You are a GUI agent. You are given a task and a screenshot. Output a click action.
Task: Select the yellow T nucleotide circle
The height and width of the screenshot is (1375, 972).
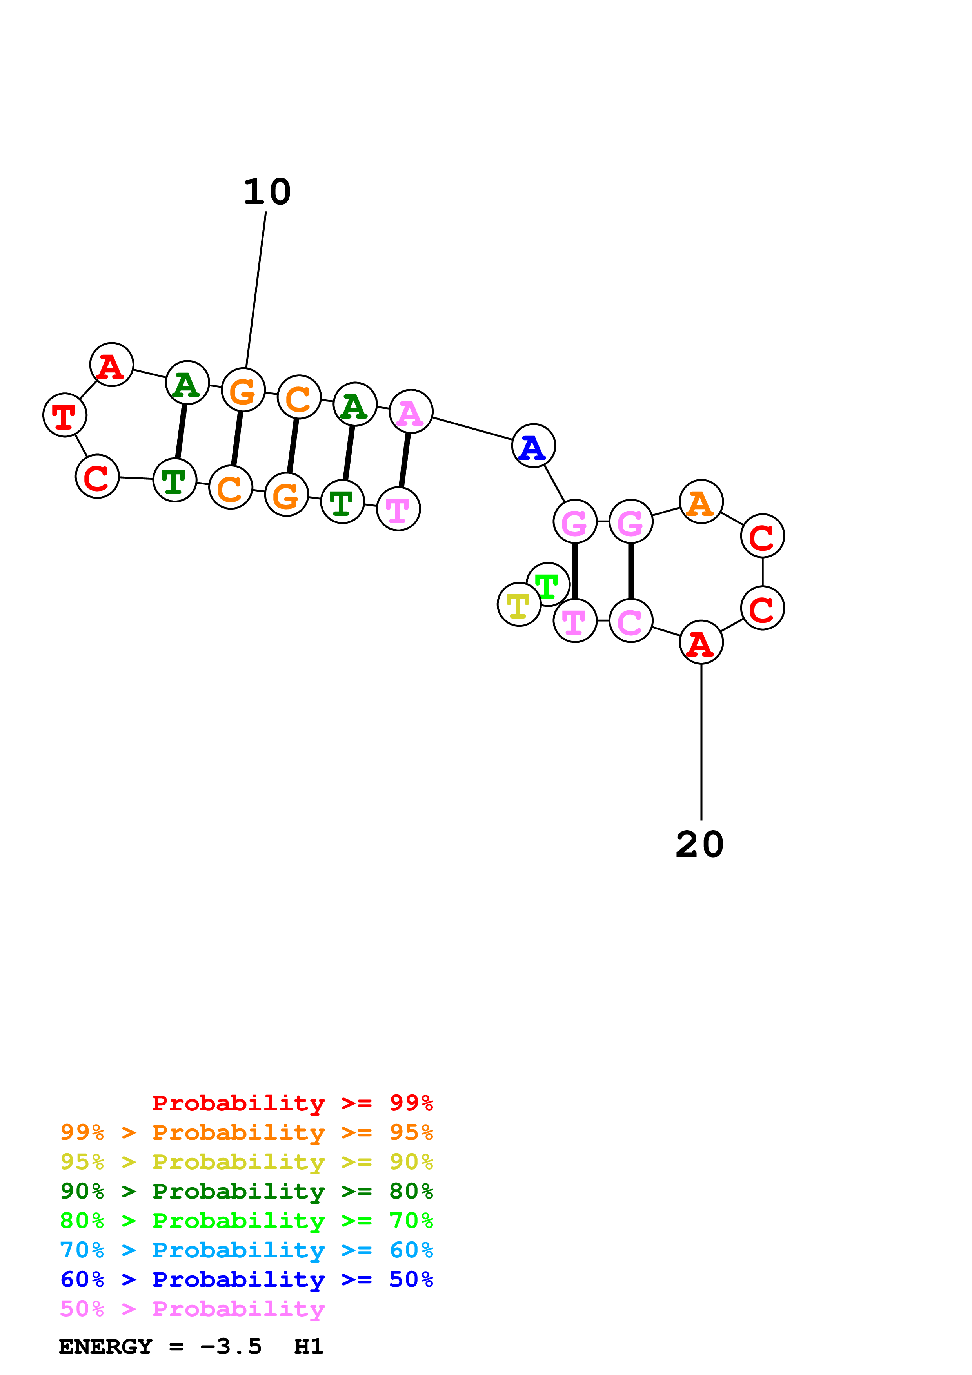pyautogui.click(x=519, y=604)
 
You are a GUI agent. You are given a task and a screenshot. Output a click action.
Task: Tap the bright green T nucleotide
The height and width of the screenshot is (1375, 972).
pyautogui.click(x=548, y=584)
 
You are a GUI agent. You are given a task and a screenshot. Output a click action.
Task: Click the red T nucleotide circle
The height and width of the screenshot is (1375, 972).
pyautogui.click(x=65, y=415)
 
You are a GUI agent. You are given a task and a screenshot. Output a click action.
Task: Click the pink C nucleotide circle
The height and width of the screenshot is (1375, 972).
pyautogui.click(x=630, y=620)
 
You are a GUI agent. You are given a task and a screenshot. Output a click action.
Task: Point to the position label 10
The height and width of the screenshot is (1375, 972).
pyautogui.click(x=267, y=192)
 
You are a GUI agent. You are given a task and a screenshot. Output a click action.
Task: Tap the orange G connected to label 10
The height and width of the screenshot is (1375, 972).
pyautogui.click(x=243, y=390)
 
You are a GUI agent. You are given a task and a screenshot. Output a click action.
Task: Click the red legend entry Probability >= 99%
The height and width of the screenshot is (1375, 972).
pyautogui.click(x=292, y=1103)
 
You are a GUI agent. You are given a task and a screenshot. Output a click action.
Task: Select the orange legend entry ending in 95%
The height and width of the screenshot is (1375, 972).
pyautogui.click(x=247, y=1132)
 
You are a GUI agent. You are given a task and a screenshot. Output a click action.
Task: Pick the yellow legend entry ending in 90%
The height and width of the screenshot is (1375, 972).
pyautogui.click(x=247, y=1162)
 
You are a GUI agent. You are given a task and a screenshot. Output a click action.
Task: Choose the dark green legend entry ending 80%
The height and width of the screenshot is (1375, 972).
pyautogui.click(x=247, y=1191)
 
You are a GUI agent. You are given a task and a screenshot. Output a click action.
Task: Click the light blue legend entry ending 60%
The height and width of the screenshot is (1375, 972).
pyautogui.click(x=247, y=1250)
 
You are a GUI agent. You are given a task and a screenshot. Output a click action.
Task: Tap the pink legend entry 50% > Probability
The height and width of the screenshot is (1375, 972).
pyautogui.click(x=192, y=1309)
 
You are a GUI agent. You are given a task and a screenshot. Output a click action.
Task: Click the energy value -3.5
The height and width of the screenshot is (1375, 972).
pyautogui.click(x=231, y=1347)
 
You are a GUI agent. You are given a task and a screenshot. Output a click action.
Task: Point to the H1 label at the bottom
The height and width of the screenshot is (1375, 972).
pyautogui.click(x=309, y=1347)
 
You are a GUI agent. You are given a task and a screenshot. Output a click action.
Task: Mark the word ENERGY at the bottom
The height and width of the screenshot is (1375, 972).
pyautogui.click(x=105, y=1347)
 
